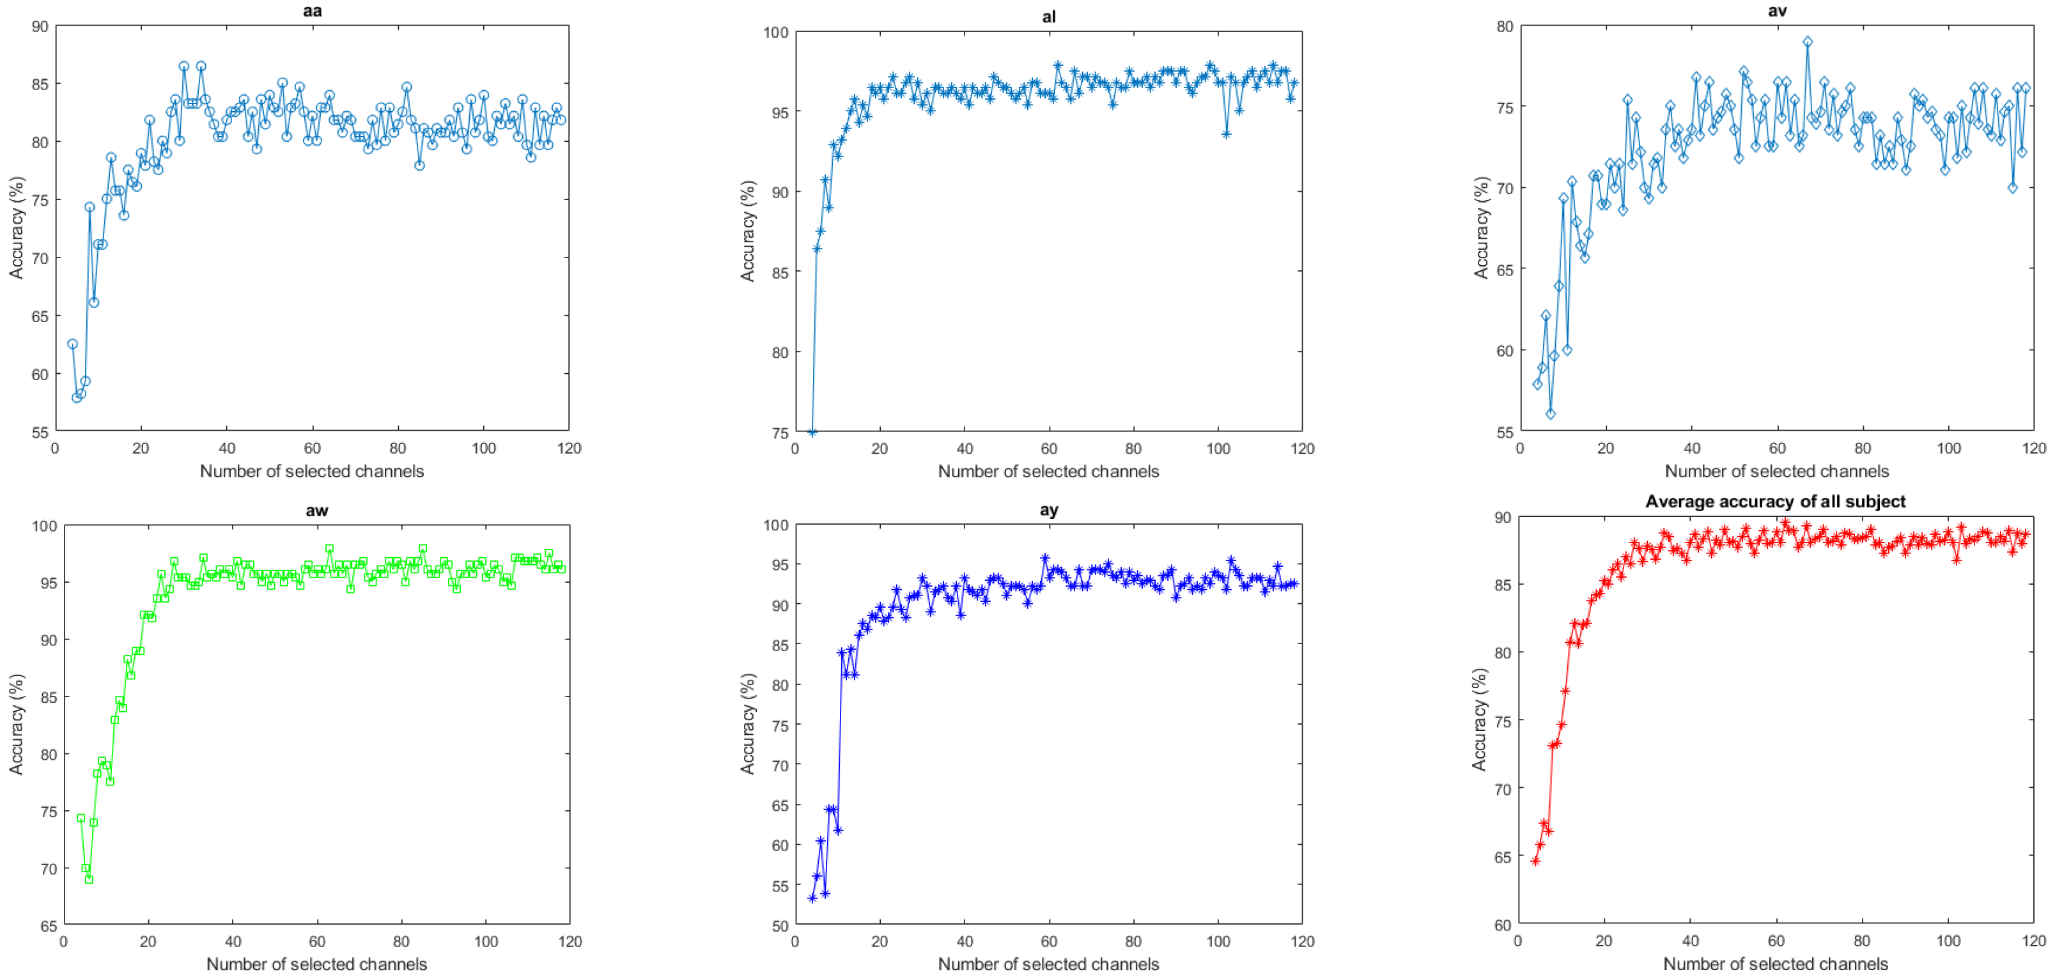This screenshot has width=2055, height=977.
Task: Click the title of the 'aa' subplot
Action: [x=312, y=10]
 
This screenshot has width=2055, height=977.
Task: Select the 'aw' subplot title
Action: [x=316, y=511]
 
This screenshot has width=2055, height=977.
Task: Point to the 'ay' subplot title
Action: [x=1048, y=510]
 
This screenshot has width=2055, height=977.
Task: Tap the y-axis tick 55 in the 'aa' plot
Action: [x=39, y=433]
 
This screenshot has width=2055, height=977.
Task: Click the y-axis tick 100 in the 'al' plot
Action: [x=775, y=33]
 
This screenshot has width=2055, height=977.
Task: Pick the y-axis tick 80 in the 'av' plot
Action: [x=1504, y=26]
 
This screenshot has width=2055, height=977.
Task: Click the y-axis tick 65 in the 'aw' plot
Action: [x=48, y=926]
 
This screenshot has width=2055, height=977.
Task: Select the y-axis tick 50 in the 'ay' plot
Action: [x=779, y=926]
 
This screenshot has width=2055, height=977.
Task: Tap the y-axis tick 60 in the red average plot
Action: [x=1502, y=925]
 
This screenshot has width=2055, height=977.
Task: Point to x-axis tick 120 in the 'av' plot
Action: [x=2033, y=448]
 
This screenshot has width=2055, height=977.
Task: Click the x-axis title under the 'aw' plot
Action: [x=316, y=964]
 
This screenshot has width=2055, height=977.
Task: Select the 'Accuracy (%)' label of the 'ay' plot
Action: [x=747, y=724]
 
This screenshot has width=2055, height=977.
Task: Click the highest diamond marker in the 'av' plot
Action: [x=1807, y=42]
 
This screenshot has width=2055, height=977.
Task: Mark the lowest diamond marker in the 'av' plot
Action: [x=1550, y=414]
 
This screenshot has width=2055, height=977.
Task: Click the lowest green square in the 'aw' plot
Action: [x=89, y=879]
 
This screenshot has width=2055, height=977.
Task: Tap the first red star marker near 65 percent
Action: [x=1535, y=861]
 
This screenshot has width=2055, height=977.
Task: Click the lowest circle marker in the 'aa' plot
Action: [x=77, y=397]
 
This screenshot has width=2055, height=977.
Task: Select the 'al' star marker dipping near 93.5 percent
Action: [x=1226, y=134]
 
